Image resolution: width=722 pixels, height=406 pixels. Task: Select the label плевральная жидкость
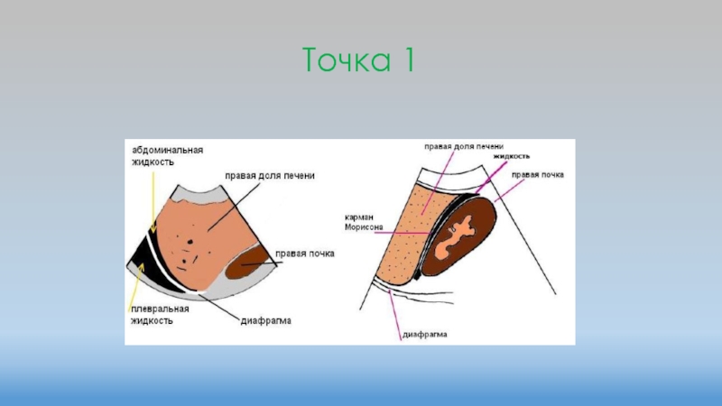(162, 314)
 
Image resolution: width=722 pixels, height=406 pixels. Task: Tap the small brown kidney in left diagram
(245, 266)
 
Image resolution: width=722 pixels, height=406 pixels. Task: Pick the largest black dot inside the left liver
(191, 241)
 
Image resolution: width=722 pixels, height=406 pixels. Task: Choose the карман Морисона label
(365, 223)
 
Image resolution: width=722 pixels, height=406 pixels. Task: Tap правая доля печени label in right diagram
(464, 145)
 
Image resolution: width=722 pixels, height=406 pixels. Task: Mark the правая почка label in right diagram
(538, 174)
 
